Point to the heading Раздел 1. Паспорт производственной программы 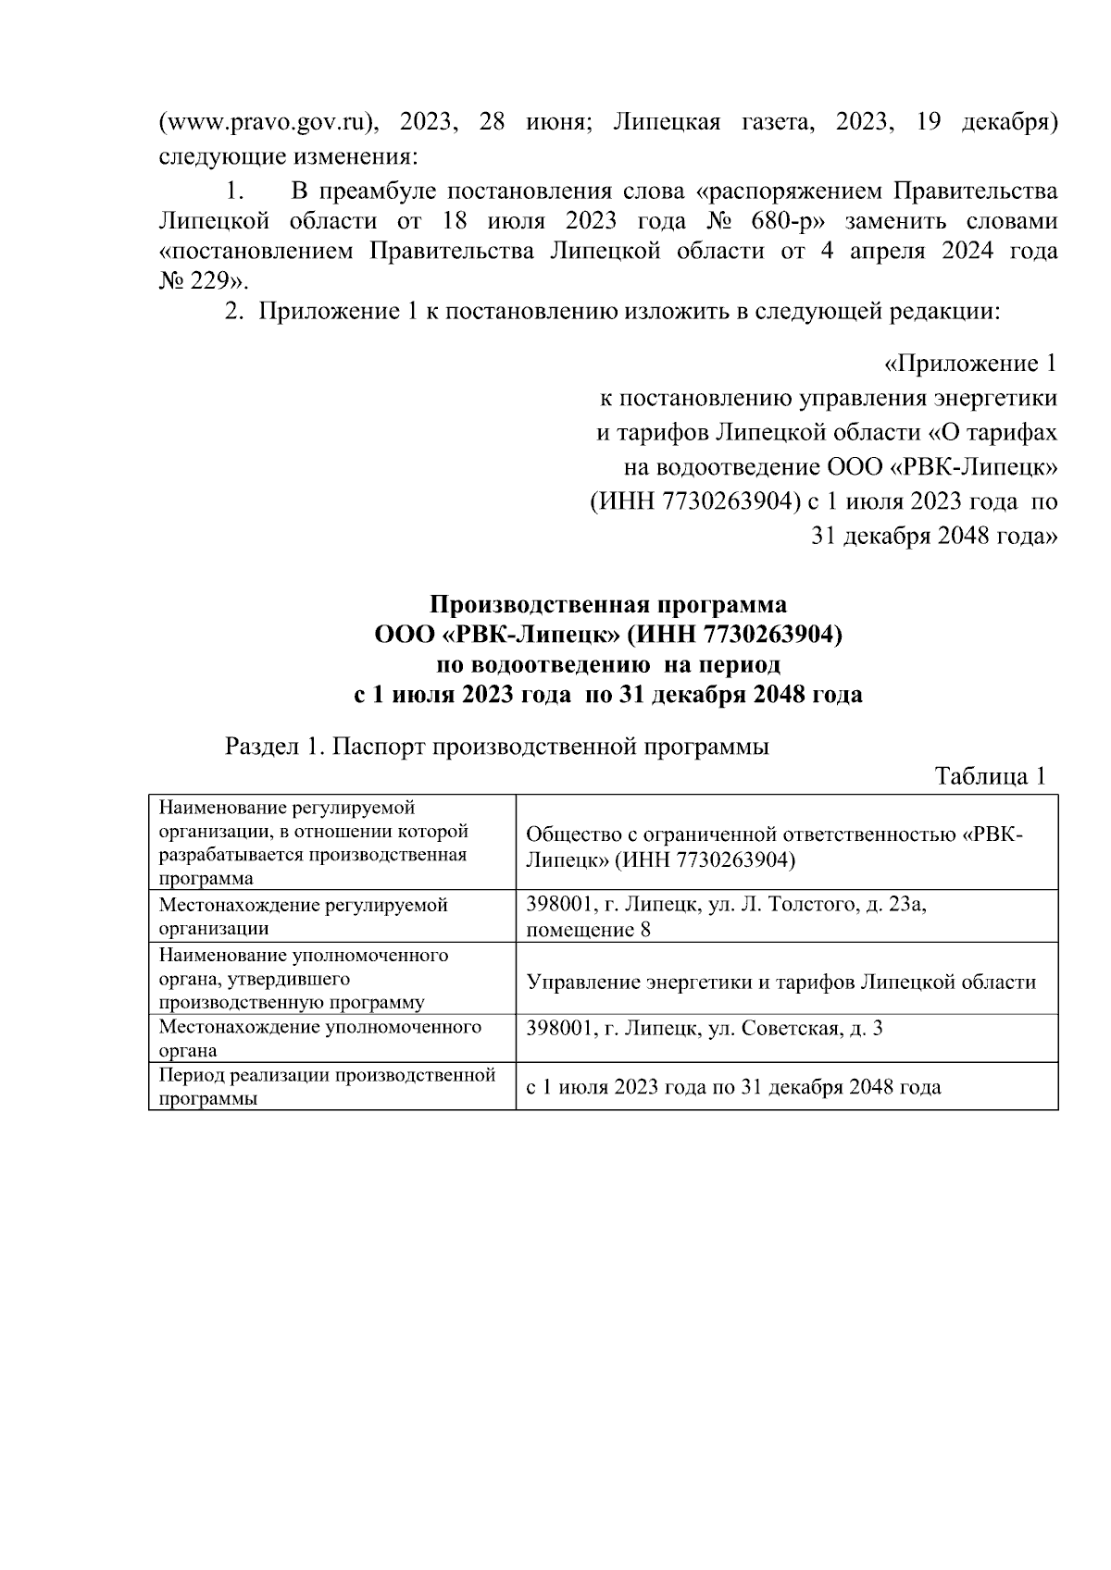(497, 747)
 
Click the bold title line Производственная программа (608, 605)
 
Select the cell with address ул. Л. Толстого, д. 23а (727, 916)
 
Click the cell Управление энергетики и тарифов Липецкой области (780, 982)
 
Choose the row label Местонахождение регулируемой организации (304, 916)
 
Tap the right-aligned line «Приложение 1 (970, 364)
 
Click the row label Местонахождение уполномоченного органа (319, 1038)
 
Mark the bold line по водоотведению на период (608, 664)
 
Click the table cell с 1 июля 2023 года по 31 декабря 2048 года (733, 1087)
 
